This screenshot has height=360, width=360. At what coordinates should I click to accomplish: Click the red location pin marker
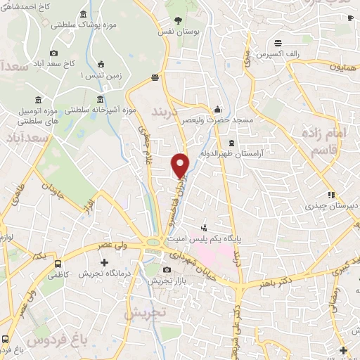click(181, 165)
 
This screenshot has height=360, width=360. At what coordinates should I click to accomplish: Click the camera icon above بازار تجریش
click(166, 270)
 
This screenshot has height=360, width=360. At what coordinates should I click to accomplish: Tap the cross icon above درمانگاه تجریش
click(104, 262)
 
